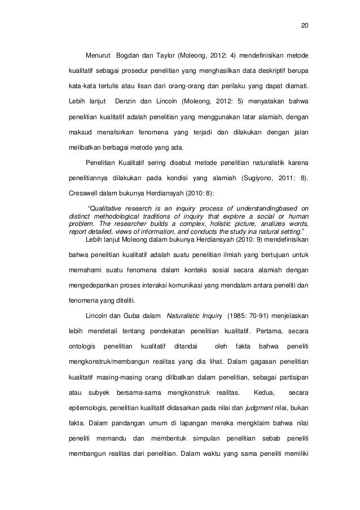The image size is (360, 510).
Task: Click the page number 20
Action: coord(305,26)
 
